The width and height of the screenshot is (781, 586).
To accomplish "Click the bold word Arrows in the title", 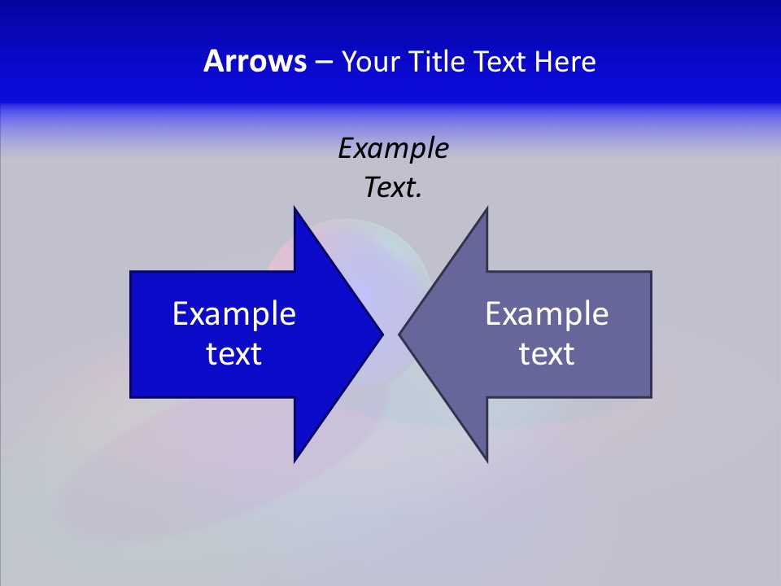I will [255, 61].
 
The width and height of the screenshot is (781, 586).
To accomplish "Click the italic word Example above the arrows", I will [393, 149].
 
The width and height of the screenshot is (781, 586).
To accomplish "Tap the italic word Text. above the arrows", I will [393, 188].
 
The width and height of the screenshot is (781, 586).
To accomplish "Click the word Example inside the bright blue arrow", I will [234, 313].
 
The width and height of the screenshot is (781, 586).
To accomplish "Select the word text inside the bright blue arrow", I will [234, 353].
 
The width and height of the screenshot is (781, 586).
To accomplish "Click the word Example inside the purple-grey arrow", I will [547, 313].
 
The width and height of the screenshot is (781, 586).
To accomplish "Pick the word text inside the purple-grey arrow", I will [547, 353].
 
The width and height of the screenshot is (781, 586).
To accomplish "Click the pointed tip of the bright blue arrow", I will [382, 334].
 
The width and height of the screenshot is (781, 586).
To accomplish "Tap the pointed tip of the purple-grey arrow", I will [399, 334].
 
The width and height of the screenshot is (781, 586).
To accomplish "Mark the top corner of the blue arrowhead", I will [295, 208].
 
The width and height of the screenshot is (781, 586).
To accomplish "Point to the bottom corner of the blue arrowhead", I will [295, 461].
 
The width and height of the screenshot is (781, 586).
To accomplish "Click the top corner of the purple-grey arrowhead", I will [486, 208].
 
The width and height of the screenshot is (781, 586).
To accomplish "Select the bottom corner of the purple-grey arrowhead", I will [486, 461].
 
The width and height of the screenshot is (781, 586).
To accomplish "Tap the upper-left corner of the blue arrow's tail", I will [131, 272].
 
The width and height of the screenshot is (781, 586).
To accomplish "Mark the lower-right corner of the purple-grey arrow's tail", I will [651, 397].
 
